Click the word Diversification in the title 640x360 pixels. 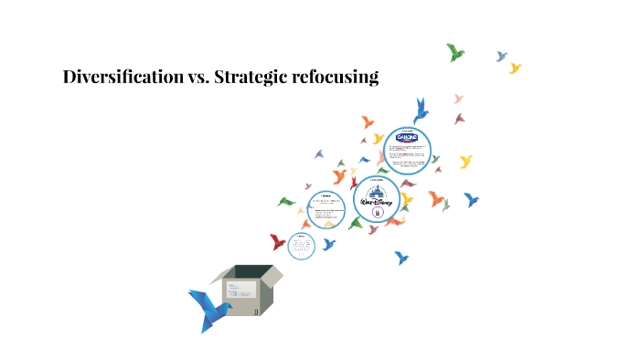pos(123,78)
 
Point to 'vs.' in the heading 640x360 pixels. pos(197,79)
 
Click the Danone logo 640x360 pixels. pos(405,138)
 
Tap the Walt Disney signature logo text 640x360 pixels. pos(377,200)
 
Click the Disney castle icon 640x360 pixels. pos(377,189)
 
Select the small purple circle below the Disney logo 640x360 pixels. pos(377,212)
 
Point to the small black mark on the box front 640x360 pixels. pos(256,311)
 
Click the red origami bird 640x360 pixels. pos(278,242)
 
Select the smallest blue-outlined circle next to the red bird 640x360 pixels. pos(302,245)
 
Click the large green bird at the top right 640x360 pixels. pos(455,52)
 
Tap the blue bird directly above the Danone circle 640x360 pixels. pos(421,111)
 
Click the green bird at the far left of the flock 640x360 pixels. pos(286,202)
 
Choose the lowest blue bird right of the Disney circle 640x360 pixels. pos(400,258)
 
